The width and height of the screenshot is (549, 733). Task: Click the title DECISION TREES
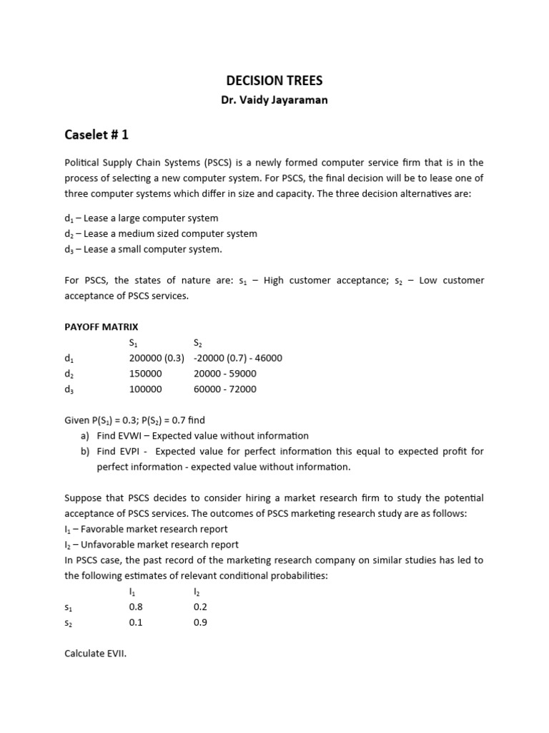[x=274, y=81]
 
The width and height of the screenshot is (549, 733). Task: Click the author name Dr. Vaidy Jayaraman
[x=274, y=100]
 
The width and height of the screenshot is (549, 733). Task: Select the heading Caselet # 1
[x=97, y=135]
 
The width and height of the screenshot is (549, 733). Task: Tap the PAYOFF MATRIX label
[x=102, y=326]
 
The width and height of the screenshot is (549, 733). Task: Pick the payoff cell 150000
[x=146, y=374]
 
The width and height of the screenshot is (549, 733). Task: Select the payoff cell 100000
[x=146, y=389]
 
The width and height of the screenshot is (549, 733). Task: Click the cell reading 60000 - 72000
[x=224, y=389]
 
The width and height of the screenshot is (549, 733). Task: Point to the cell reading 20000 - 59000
[x=224, y=374]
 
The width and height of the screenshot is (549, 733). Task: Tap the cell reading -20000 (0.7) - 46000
[x=237, y=358]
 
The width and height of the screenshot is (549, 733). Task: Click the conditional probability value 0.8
[x=136, y=607]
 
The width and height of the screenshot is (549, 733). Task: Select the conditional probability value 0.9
[x=200, y=623]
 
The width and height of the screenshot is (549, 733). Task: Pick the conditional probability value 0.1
[x=136, y=623]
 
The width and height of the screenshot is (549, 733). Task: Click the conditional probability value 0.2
[x=200, y=607]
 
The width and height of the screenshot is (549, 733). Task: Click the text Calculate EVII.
[x=95, y=654]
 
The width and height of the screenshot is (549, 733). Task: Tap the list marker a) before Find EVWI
[x=86, y=435]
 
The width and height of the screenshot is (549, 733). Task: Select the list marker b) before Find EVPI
[x=86, y=451]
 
